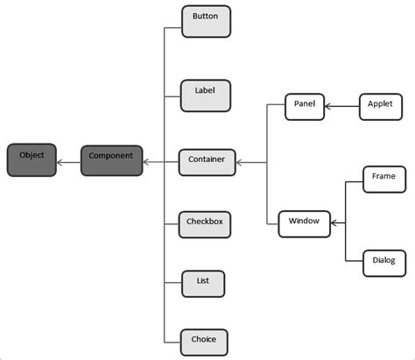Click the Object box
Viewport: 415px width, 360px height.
32,160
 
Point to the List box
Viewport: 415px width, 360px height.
203,284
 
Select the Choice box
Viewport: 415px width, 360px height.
204,340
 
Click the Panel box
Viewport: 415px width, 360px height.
304,107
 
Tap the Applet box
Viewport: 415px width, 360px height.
382,107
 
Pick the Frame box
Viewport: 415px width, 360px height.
383,179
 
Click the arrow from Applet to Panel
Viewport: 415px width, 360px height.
341,107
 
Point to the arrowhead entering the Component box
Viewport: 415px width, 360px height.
146,161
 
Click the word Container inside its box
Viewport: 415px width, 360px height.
207,160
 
